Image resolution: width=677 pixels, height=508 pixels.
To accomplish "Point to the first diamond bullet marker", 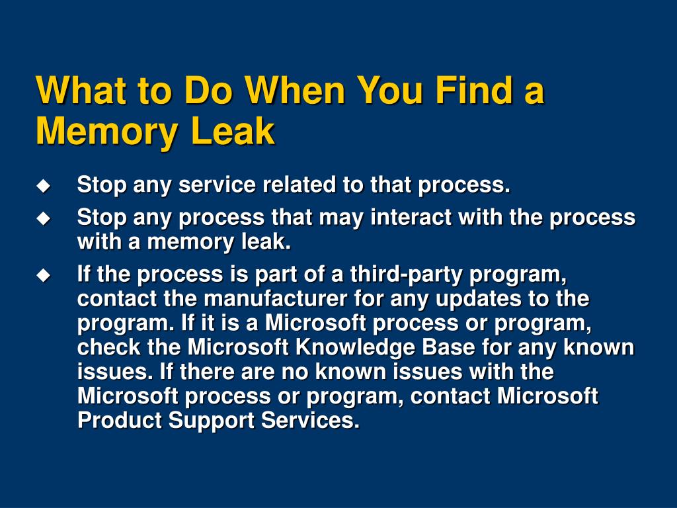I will click(x=43, y=186).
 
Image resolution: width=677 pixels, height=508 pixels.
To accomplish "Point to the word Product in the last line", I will click(x=120, y=421).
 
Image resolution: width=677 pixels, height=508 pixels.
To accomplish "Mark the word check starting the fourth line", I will click(x=108, y=347).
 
